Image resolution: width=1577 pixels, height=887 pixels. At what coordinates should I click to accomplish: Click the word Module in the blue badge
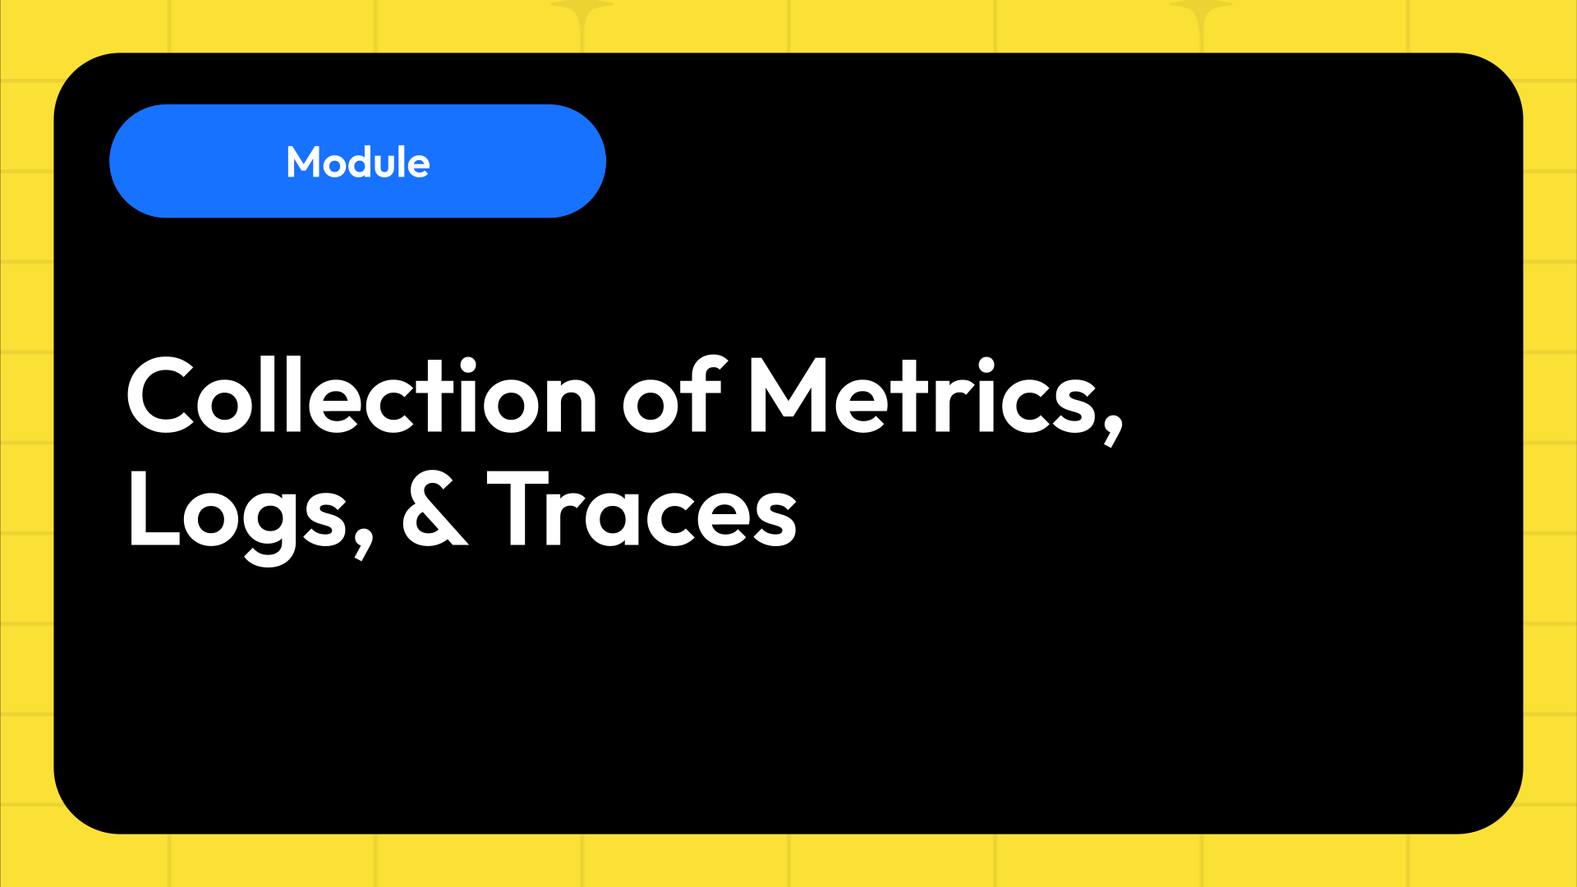(x=358, y=163)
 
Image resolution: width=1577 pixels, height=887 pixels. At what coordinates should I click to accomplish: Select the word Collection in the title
(x=361, y=396)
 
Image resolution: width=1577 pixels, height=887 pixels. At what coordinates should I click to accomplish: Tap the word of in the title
(x=672, y=396)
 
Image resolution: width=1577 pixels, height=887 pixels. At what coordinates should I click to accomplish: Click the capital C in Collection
(x=161, y=396)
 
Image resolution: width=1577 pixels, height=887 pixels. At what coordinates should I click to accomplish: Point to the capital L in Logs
(x=152, y=509)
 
